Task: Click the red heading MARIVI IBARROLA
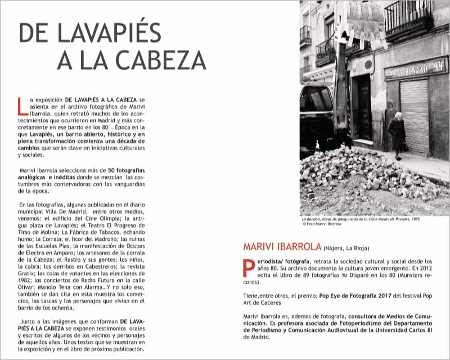tap(282, 246)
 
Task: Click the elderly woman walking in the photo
tap(397, 135)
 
